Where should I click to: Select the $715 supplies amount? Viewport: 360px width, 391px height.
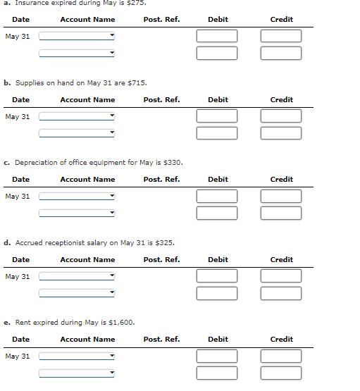coord(137,83)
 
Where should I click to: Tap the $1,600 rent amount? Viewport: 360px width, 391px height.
coord(123,323)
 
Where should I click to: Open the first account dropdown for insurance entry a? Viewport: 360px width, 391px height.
coord(77,36)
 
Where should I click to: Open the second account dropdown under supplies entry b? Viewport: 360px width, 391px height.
coord(77,133)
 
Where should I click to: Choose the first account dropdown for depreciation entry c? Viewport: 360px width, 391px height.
coord(77,197)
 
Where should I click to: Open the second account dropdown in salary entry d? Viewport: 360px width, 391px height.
coord(77,293)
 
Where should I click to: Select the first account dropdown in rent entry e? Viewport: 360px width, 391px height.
coord(77,356)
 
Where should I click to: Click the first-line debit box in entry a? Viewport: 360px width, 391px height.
coord(217,36)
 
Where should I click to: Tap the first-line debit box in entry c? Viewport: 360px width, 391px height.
coord(217,197)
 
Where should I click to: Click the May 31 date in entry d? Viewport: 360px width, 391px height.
coord(18,277)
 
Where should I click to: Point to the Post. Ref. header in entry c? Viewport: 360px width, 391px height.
coord(161,180)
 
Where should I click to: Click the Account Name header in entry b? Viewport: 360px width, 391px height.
coord(87,100)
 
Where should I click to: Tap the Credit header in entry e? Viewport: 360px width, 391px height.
coord(281,340)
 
